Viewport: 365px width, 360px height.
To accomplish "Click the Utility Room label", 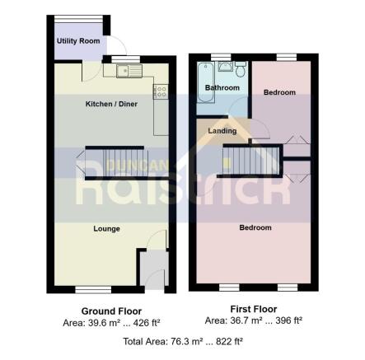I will tap(78, 41).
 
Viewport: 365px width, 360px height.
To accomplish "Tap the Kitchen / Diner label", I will tap(112, 105).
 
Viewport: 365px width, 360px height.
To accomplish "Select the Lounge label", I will tap(107, 228).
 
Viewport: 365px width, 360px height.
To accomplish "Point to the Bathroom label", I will tap(222, 87).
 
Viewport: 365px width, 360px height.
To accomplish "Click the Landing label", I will tap(222, 130).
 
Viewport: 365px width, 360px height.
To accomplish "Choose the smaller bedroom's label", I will tap(279, 92).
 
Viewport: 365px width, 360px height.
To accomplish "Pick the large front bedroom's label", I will tap(255, 227).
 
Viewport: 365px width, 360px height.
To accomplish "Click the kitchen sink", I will tap(130, 71).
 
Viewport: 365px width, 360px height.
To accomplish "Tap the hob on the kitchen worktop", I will tap(161, 92).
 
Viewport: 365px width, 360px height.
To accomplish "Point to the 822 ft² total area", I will tap(227, 340).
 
